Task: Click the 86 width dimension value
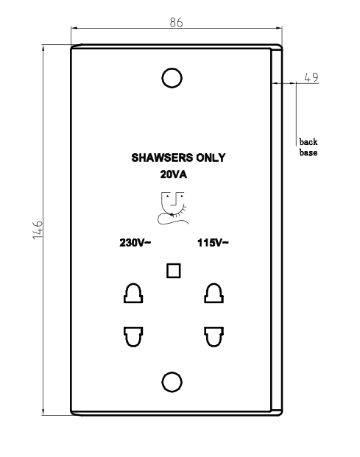177,22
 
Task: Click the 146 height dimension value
38,230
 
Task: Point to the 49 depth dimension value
311,77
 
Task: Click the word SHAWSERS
162,157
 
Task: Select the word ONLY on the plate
211,157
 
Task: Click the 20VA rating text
174,174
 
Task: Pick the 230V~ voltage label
135,243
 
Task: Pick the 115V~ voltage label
213,243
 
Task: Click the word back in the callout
308,142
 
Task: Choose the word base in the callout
308,152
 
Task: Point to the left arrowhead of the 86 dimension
74,28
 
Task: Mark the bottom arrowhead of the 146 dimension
43,411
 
